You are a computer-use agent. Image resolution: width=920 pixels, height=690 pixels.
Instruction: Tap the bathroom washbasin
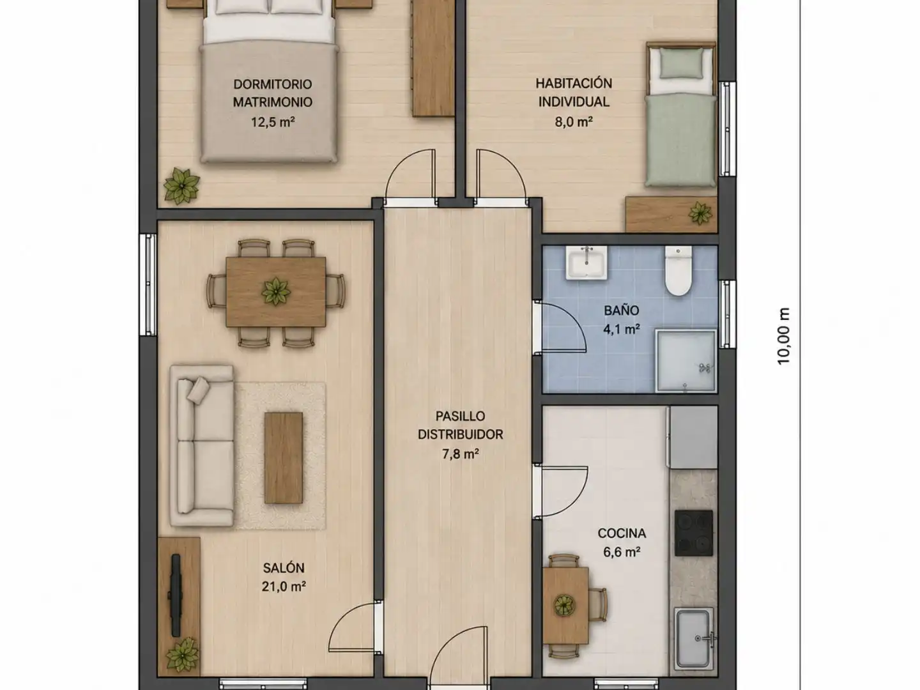pyautogui.click(x=586, y=263)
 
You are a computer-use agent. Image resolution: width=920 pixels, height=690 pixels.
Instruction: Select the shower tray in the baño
pyautogui.click(x=686, y=361)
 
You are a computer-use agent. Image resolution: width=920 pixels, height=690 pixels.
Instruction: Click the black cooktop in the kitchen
pyautogui.click(x=694, y=533)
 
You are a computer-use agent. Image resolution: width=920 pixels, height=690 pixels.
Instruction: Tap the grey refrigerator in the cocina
pyautogui.click(x=692, y=437)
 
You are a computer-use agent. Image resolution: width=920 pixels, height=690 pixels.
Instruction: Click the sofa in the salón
pyautogui.click(x=202, y=445)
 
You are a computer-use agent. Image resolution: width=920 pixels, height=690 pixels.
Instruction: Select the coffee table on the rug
pyautogui.click(x=283, y=457)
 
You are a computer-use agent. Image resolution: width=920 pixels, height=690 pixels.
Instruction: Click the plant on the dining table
pyautogui.click(x=276, y=291)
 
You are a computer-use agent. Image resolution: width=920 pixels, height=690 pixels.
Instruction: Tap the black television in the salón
pyautogui.click(x=175, y=595)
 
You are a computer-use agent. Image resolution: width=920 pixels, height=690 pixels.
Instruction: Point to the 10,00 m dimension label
pyautogui.click(x=783, y=337)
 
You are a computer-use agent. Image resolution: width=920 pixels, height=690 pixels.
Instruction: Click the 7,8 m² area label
pyautogui.click(x=460, y=454)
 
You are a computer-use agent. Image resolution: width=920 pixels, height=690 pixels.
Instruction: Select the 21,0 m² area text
pyautogui.click(x=283, y=586)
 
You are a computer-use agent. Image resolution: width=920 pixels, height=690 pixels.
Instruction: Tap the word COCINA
pyautogui.click(x=622, y=533)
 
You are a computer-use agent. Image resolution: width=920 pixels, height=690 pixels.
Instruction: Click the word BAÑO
pyautogui.click(x=621, y=310)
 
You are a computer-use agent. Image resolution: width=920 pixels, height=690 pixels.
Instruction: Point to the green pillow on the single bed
pyautogui.click(x=681, y=63)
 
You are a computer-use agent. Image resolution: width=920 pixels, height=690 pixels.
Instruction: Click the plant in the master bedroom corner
pyautogui.click(x=181, y=186)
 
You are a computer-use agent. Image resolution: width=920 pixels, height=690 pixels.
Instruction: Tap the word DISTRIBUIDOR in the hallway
pyautogui.click(x=460, y=434)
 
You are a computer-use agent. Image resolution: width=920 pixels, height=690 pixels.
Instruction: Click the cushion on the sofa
pyautogui.click(x=198, y=390)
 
